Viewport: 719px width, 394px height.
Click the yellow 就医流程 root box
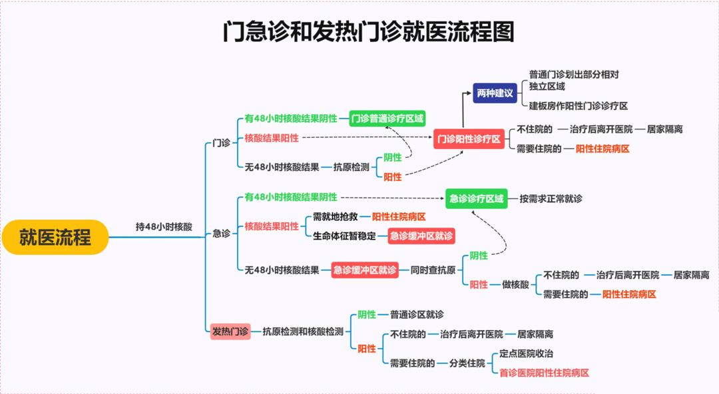(55, 237)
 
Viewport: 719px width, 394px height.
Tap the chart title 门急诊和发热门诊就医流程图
(368, 32)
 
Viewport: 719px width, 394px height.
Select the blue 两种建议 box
(495, 93)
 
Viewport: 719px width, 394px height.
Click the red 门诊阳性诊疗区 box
(468, 138)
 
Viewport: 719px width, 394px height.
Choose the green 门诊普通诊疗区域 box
(387, 118)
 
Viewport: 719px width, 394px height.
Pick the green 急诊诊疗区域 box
(476, 198)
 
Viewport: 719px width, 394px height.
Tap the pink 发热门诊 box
(230, 331)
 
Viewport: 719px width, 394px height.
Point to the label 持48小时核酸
(164, 226)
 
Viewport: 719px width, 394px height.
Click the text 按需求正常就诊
(551, 198)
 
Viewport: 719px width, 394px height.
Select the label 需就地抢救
(336, 217)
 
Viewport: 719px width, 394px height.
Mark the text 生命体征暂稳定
(345, 236)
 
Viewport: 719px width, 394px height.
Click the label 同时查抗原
(433, 270)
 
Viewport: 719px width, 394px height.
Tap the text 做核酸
(515, 284)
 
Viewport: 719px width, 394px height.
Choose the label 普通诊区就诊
(417, 314)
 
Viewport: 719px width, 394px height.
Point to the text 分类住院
(467, 363)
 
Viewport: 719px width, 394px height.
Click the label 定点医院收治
(526, 353)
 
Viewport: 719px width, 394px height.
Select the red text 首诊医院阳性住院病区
(544, 373)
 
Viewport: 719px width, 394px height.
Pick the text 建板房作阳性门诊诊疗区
(579, 106)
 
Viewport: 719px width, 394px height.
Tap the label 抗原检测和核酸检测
(303, 331)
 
